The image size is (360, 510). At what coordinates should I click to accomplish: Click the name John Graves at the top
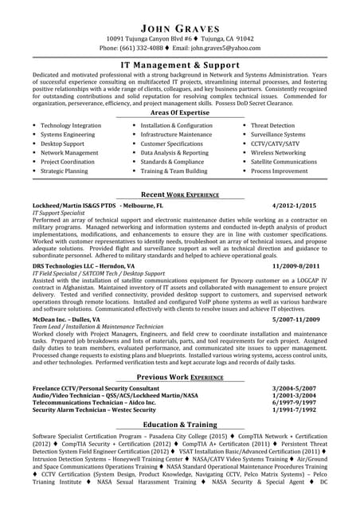pos(180,23)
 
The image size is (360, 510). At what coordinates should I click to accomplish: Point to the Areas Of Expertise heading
pos(180,113)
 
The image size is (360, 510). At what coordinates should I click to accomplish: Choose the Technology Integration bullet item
pos(71,126)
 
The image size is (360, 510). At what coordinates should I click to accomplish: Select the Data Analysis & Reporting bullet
pos(174,152)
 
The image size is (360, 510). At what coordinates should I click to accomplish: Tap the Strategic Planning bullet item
pos(65,171)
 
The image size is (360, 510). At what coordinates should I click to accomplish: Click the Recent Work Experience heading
pos(181,194)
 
